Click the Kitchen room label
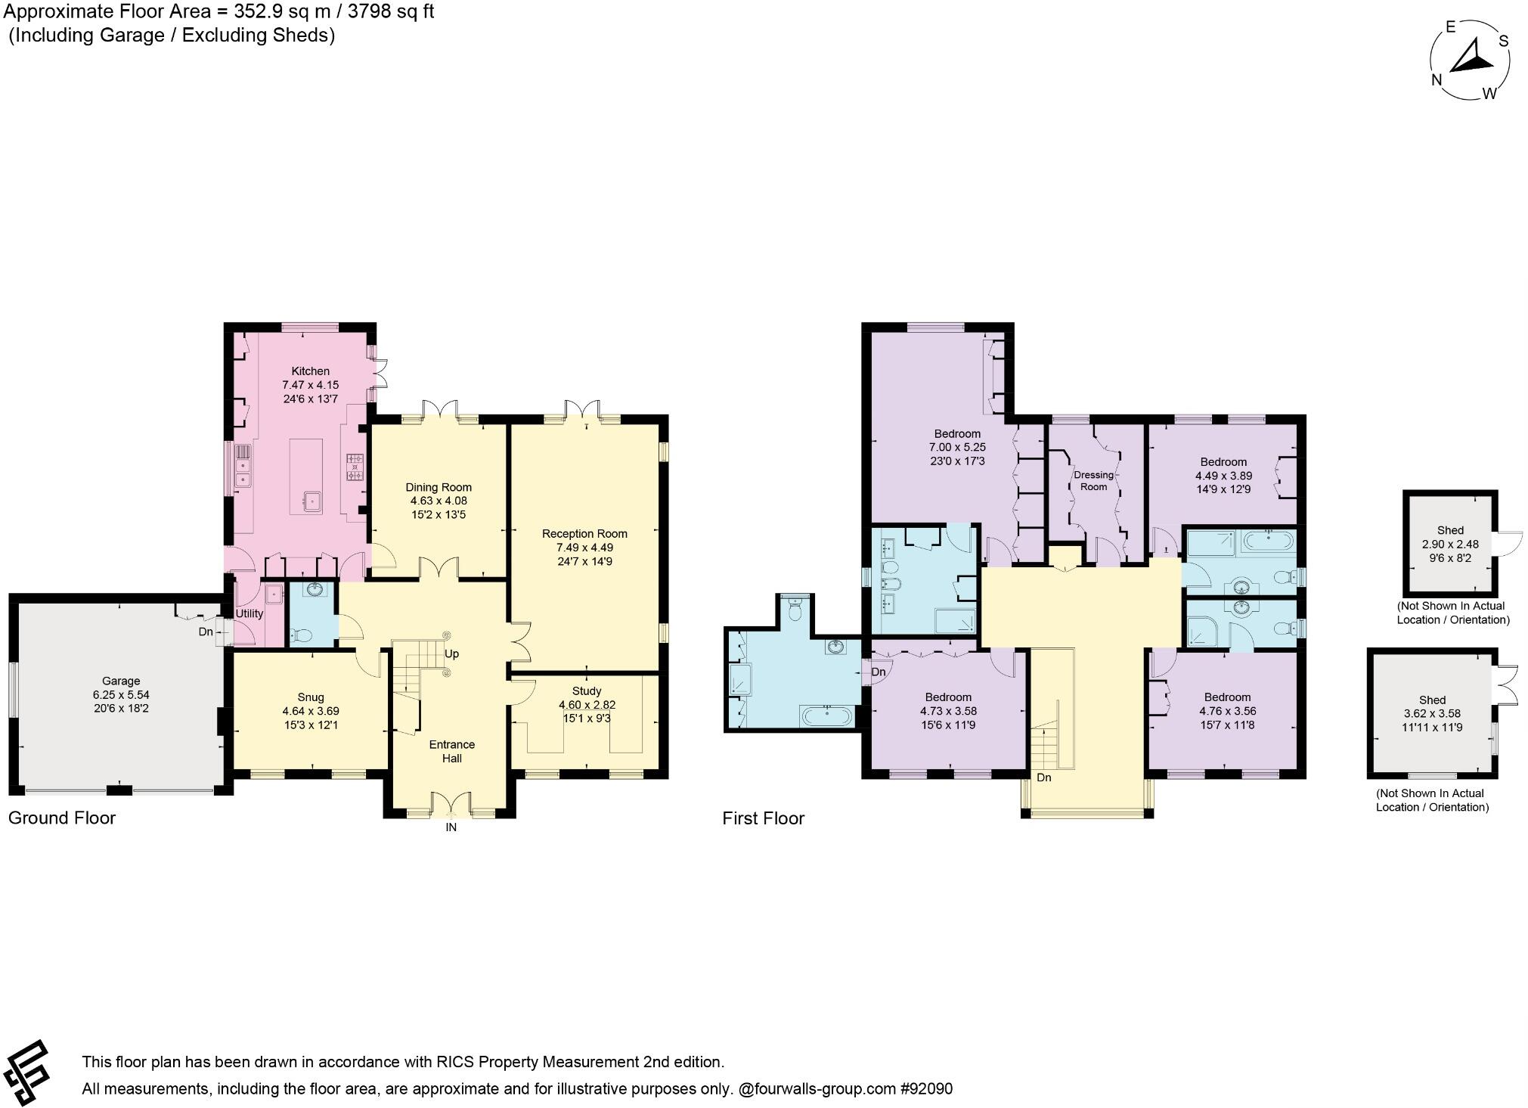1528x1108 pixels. [311, 371]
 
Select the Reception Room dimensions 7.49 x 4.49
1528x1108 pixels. [584, 548]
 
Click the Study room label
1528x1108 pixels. [587, 691]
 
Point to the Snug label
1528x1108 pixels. [311, 697]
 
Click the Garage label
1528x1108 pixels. [121, 681]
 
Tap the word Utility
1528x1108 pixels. [249, 613]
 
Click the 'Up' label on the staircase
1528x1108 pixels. [451, 653]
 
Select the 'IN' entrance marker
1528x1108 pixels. [451, 827]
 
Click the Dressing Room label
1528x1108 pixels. [1093, 480]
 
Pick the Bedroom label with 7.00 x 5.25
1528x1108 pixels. [957, 434]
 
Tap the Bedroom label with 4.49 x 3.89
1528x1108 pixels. [1223, 462]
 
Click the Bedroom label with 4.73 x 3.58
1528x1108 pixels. [948, 697]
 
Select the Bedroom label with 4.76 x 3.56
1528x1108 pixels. [1227, 697]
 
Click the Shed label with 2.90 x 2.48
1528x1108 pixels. [1450, 530]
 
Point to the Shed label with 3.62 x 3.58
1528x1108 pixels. [1432, 700]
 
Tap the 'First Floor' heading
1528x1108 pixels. [763, 818]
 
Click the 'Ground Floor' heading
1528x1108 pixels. [62, 818]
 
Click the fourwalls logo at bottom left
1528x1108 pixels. [28, 1073]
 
